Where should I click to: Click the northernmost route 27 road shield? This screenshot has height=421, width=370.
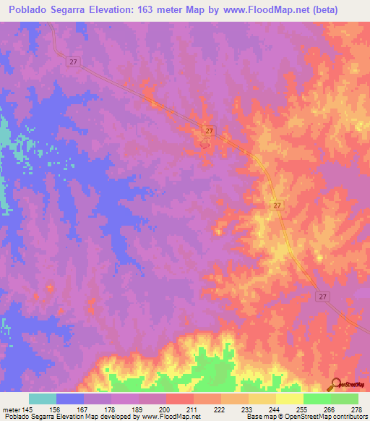pos(74,62)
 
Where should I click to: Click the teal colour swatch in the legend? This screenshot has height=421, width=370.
pos(43,399)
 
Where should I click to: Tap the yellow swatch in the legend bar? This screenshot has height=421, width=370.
pos(289,399)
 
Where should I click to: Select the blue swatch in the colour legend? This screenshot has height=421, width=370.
pos(70,399)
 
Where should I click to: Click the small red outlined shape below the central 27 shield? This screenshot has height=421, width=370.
pos(205,143)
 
